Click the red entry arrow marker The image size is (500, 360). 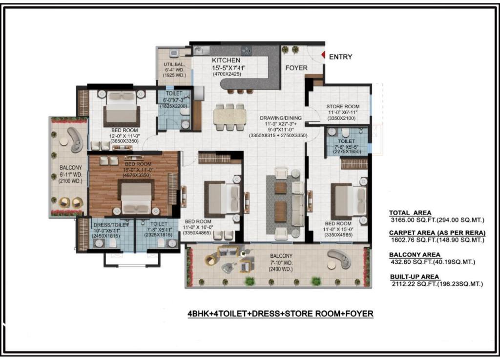(323, 56)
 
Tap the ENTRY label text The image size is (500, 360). (340, 57)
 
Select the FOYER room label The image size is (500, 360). (296, 68)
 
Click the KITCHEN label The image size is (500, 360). (226, 60)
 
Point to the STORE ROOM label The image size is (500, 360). (343, 106)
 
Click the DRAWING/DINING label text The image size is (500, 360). (281, 118)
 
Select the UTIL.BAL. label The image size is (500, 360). (174, 64)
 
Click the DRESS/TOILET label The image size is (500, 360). (111, 224)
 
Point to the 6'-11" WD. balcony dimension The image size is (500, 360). (71, 175)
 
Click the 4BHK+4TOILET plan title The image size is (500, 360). (280, 314)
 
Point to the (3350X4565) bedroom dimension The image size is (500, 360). (338, 235)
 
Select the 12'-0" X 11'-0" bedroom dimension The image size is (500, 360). (125, 136)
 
